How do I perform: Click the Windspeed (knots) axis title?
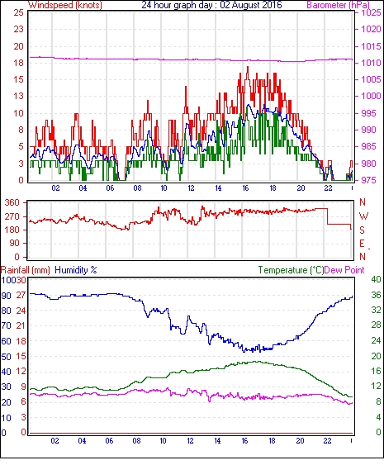click(65, 5)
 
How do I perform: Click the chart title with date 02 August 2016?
click(211, 5)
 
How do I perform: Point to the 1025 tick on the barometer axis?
click(371, 12)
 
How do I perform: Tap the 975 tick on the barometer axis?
click(369, 180)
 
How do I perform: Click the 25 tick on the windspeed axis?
click(19, 12)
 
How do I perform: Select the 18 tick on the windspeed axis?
click(19, 63)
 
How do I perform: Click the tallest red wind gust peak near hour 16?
click(248, 68)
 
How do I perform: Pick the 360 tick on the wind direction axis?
click(12, 203)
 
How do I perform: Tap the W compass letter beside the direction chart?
click(363, 216)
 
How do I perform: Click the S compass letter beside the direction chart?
click(362, 230)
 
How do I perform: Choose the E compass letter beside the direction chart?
click(362, 244)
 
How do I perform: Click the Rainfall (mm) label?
click(26, 270)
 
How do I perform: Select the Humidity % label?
click(76, 270)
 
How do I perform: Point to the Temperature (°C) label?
click(291, 270)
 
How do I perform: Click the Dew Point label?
click(344, 270)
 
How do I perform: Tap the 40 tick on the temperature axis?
click(377, 279)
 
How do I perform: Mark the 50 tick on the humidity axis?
click(7, 357)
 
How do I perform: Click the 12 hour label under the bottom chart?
click(190, 441)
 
